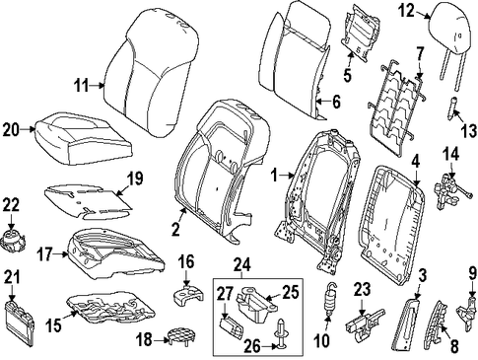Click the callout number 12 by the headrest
[407, 11]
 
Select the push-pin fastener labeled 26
[281, 332]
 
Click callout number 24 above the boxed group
[242, 265]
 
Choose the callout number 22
[11, 205]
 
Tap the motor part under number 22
[13, 242]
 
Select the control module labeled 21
[20, 324]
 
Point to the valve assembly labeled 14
[450, 191]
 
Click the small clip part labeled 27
[231, 327]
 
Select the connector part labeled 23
[365, 324]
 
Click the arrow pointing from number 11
[98, 86]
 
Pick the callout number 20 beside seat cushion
[11, 130]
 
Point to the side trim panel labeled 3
[405, 324]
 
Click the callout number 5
[347, 75]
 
